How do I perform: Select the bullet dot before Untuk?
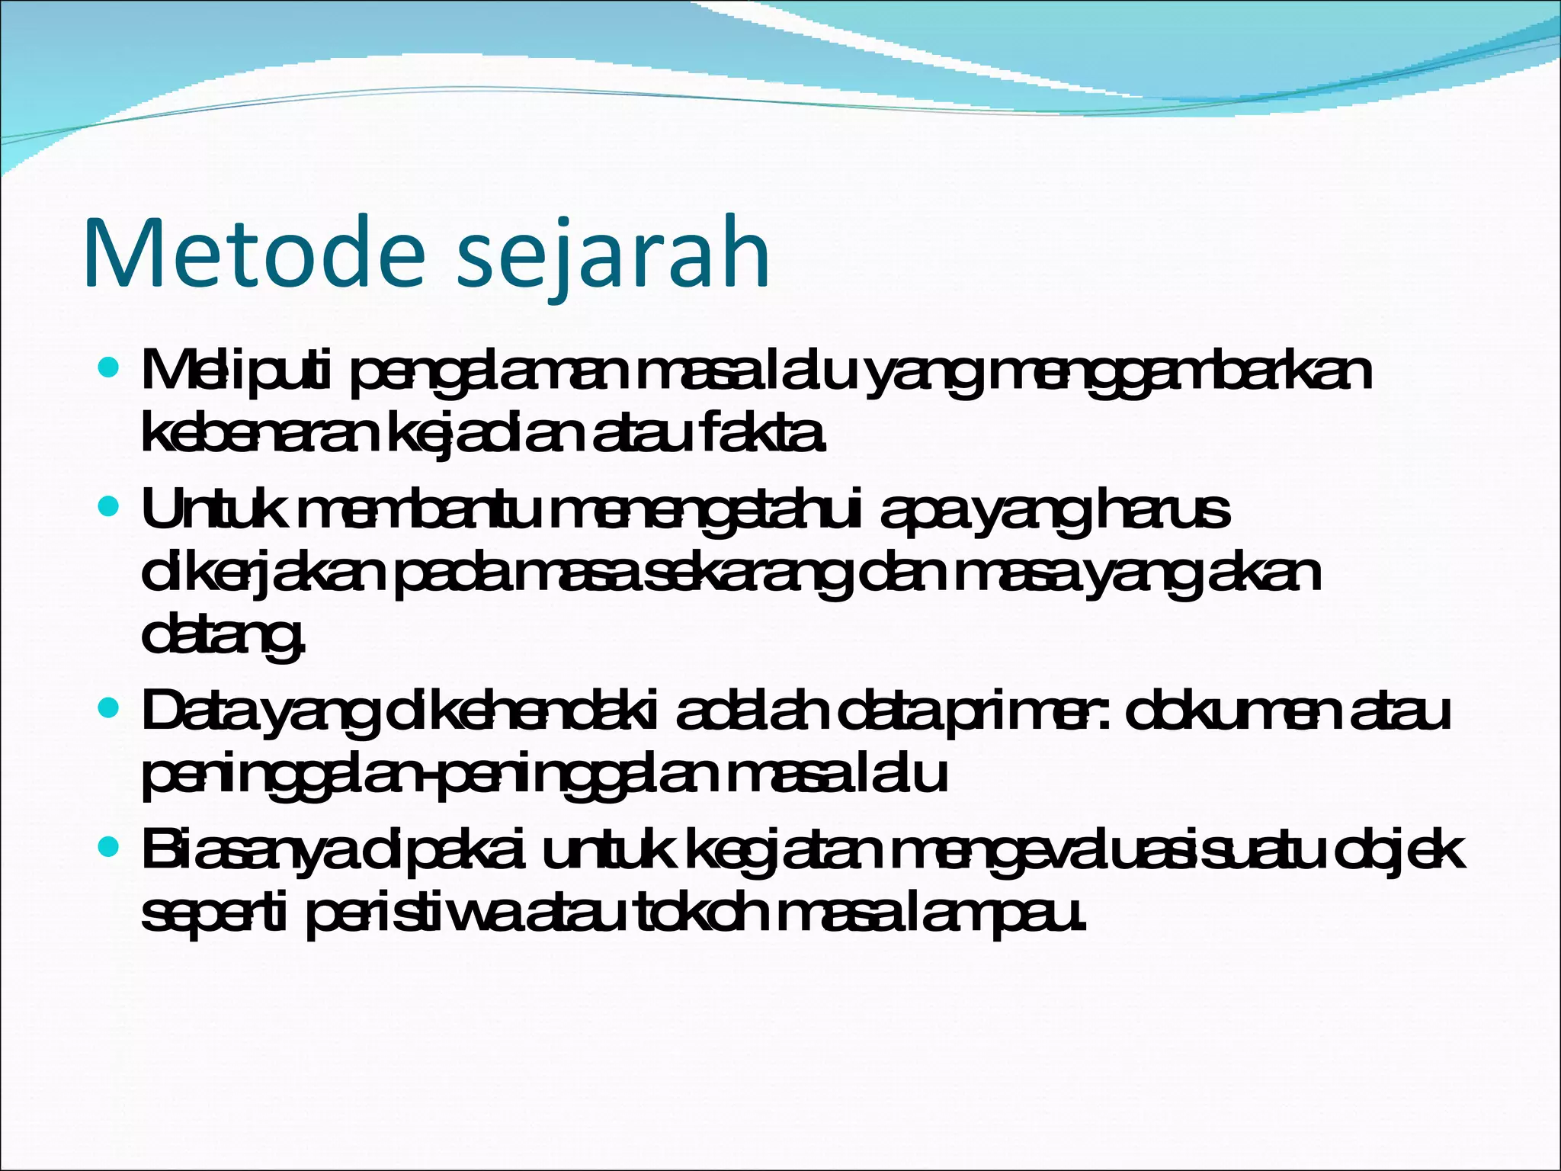pos(109,506)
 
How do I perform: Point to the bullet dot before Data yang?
pos(109,710)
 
